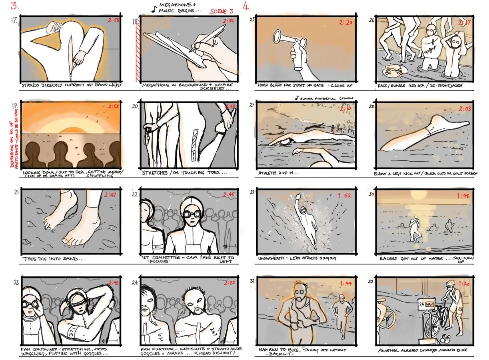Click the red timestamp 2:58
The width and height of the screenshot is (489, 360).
click(x=113, y=20)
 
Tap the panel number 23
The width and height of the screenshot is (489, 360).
click(x=16, y=282)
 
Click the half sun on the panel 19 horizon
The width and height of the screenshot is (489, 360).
click(x=71, y=130)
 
